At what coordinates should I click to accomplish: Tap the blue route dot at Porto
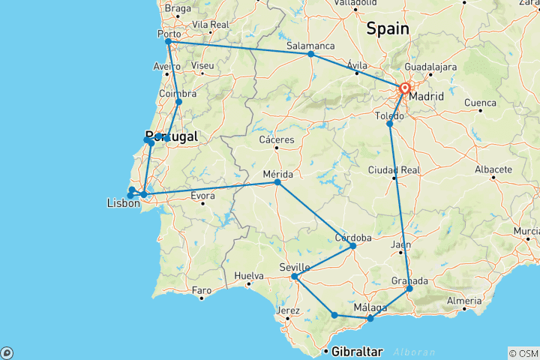(x=169, y=41)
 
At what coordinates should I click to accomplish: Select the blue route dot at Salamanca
(x=310, y=54)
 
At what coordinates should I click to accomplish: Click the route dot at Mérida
(x=277, y=182)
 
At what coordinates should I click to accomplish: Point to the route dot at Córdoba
(x=353, y=245)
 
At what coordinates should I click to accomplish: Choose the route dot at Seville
(x=295, y=277)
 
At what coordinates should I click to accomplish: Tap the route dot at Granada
(x=409, y=289)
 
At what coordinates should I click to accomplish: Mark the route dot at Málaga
(x=370, y=319)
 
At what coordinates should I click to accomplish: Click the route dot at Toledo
(x=389, y=124)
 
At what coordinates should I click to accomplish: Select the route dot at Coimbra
(x=178, y=102)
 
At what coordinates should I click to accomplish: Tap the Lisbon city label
(x=124, y=204)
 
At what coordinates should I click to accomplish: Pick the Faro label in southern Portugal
(x=201, y=289)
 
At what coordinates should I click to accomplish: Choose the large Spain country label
(x=387, y=29)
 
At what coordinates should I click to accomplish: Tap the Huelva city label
(x=250, y=275)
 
